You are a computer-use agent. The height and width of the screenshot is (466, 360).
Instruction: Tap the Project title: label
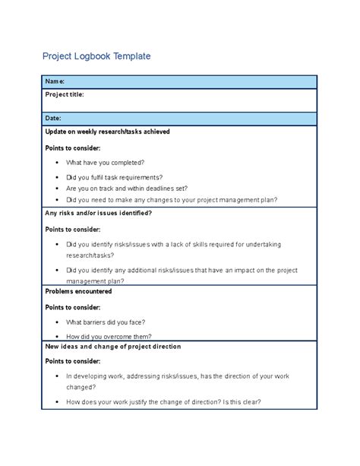[x=65, y=94]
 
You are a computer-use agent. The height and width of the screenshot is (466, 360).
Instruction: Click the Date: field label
[x=54, y=119]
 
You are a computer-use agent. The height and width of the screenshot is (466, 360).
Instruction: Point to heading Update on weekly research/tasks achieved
[x=107, y=132]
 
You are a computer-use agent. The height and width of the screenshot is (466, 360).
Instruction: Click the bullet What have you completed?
[x=105, y=163]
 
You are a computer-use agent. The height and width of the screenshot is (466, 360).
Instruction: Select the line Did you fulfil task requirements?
[x=114, y=176]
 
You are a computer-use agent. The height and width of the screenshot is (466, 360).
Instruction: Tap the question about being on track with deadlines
[x=127, y=188]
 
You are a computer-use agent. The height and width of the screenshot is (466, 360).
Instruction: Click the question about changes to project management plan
[x=172, y=200]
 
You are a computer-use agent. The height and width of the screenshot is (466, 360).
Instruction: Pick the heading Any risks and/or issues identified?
[x=99, y=213]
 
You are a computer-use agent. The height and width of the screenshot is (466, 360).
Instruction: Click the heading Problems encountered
[x=79, y=291]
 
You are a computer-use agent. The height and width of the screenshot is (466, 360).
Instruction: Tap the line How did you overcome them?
[x=109, y=336]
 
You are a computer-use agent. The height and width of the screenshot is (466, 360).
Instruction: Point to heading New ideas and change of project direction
[x=113, y=347]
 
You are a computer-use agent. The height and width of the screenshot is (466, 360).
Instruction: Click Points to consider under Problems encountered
[x=73, y=307]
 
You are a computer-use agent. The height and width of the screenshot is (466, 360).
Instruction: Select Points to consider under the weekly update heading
[x=73, y=147]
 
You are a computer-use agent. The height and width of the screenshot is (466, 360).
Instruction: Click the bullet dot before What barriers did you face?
[x=58, y=322]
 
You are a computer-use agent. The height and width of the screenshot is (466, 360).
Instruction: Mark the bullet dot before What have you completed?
[x=58, y=163]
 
